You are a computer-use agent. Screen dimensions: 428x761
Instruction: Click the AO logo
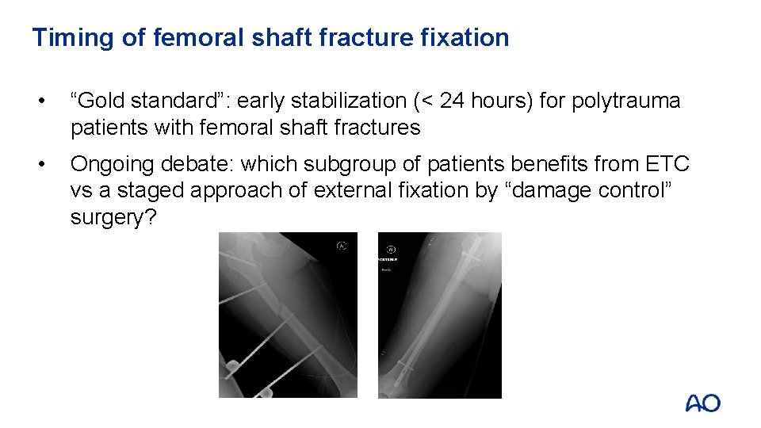tap(702, 403)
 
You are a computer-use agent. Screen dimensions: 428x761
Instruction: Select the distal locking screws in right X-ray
tap(404, 367)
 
